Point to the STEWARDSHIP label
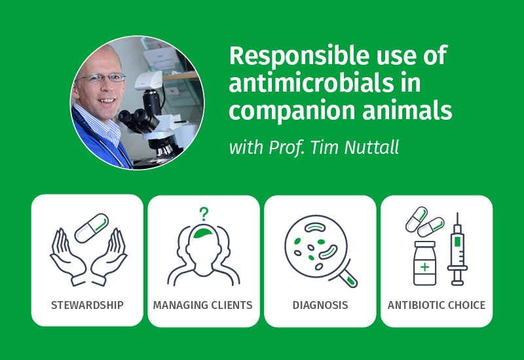(x=87, y=305)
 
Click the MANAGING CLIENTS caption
(x=203, y=305)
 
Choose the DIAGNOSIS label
(x=320, y=305)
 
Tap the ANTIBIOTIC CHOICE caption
(x=436, y=305)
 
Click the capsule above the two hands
(x=92, y=228)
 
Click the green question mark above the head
(x=204, y=214)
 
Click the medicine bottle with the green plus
(x=424, y=263)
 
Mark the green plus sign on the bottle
(x=424, y=267)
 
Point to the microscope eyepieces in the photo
(x=136, y=119)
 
